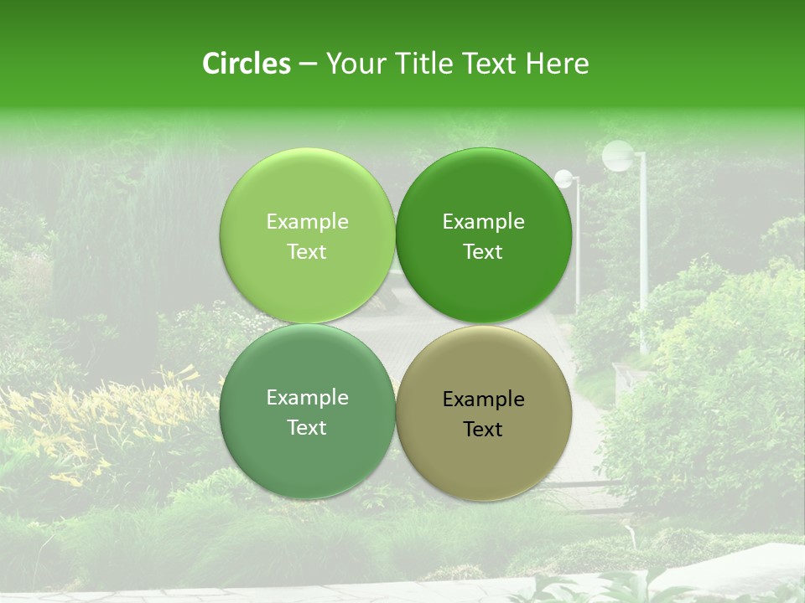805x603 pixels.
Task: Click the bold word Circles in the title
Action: click(x=247, y=64)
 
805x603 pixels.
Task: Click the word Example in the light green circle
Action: click(x=307, y=221)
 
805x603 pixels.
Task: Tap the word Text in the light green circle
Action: click(x=307, y=251)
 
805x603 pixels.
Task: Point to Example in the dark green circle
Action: click(x=484, y=221)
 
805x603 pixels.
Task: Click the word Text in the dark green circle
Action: click(x=484, y=251)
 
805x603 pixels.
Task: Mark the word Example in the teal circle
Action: click(x=307, y=397)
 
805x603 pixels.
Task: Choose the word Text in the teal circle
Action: click(x=307, y=427)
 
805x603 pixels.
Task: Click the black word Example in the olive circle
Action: click(x=484, y=399)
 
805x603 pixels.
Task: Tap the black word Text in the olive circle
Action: click(x=484, y=429)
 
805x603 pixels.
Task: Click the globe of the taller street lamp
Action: click(x=618, y=156)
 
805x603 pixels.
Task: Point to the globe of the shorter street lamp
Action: click(x=564, y=178)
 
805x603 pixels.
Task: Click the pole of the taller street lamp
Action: click(x=643, y=251)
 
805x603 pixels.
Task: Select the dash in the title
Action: click(x=308, y=64)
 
